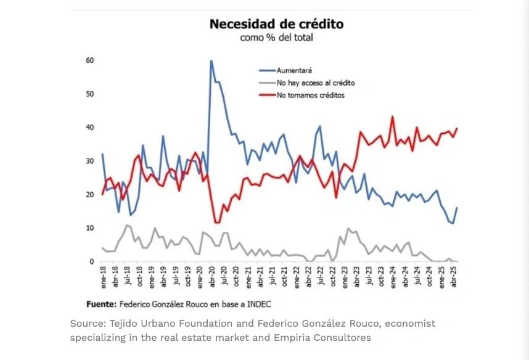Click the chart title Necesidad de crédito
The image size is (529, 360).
[276, 24]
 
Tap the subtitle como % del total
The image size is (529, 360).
[276, 38]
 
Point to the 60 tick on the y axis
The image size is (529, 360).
[90, 60]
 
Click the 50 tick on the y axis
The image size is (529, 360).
[90, 94]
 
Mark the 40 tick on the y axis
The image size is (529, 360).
[90, 128]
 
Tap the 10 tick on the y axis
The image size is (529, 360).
[90, 228]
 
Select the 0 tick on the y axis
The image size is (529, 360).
[92, 261]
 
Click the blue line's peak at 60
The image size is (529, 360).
[211, 60]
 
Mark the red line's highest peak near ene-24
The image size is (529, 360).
[393, 117]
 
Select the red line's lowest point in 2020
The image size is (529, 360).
[216, 223]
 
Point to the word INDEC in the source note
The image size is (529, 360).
[258, 304]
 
